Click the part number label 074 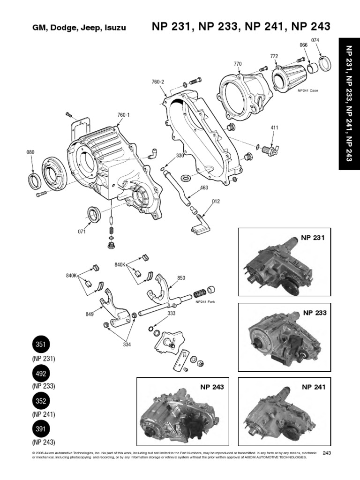[x=315, y=40]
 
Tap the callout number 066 [x=303, y=45]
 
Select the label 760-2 [x=158, y=82]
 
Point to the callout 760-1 [x=123, y=114]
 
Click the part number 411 [x=275, y=127]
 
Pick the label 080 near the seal [x=30, y=152]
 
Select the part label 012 [x=215, y=202]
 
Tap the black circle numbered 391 [x=40, y=429]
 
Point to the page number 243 [x=327, y=452]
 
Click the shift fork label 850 [x=181, y=277]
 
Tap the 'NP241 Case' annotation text [x=307, y=90]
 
